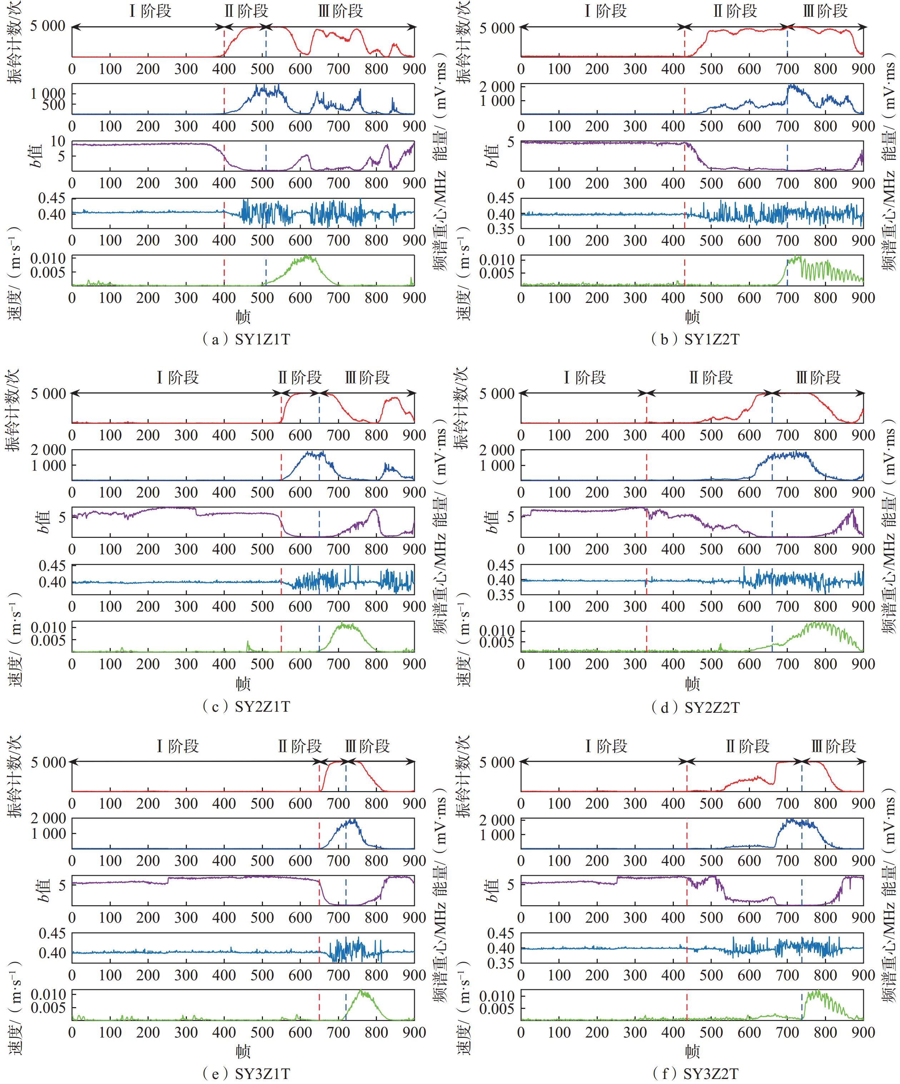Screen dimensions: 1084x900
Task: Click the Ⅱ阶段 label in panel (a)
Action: click(x=246, y=11)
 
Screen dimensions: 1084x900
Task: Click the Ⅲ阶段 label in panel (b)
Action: click(x=825, y=11)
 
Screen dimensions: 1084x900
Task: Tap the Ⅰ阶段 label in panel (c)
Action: click(x=178, y=378)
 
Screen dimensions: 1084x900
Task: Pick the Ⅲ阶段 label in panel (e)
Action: click(x=367, y=746)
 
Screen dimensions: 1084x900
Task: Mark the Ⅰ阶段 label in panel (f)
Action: click(x=606, y=746)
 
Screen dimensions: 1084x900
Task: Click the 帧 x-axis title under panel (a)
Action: click(x=243, y=316)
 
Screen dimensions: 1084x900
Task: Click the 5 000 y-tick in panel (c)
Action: click(x=48, y=394)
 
